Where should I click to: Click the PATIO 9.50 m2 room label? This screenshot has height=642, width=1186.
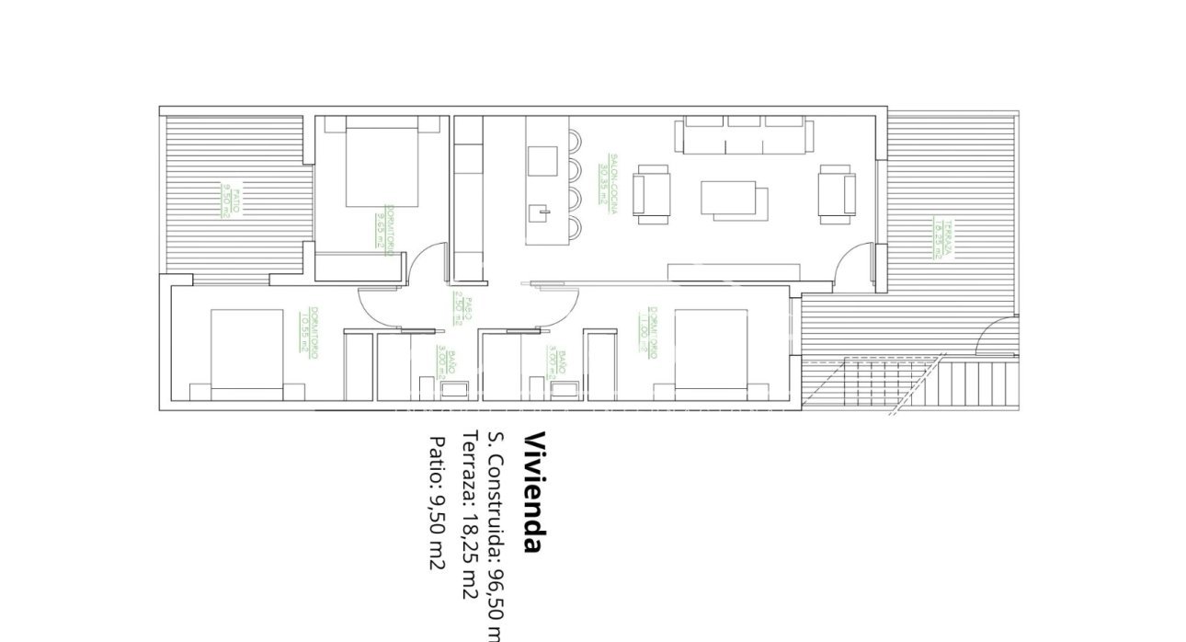pos(231,201)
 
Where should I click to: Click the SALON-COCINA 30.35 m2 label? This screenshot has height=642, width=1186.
pos(608,184)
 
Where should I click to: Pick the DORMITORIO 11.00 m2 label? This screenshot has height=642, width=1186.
pos(648,331)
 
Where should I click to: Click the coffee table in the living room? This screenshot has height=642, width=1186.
pos(735,199)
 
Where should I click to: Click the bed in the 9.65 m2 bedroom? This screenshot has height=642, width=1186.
pos(382,166)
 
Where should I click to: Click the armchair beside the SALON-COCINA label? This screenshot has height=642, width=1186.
pos(652,193)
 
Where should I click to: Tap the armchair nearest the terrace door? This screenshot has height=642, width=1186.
pos(838,193)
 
